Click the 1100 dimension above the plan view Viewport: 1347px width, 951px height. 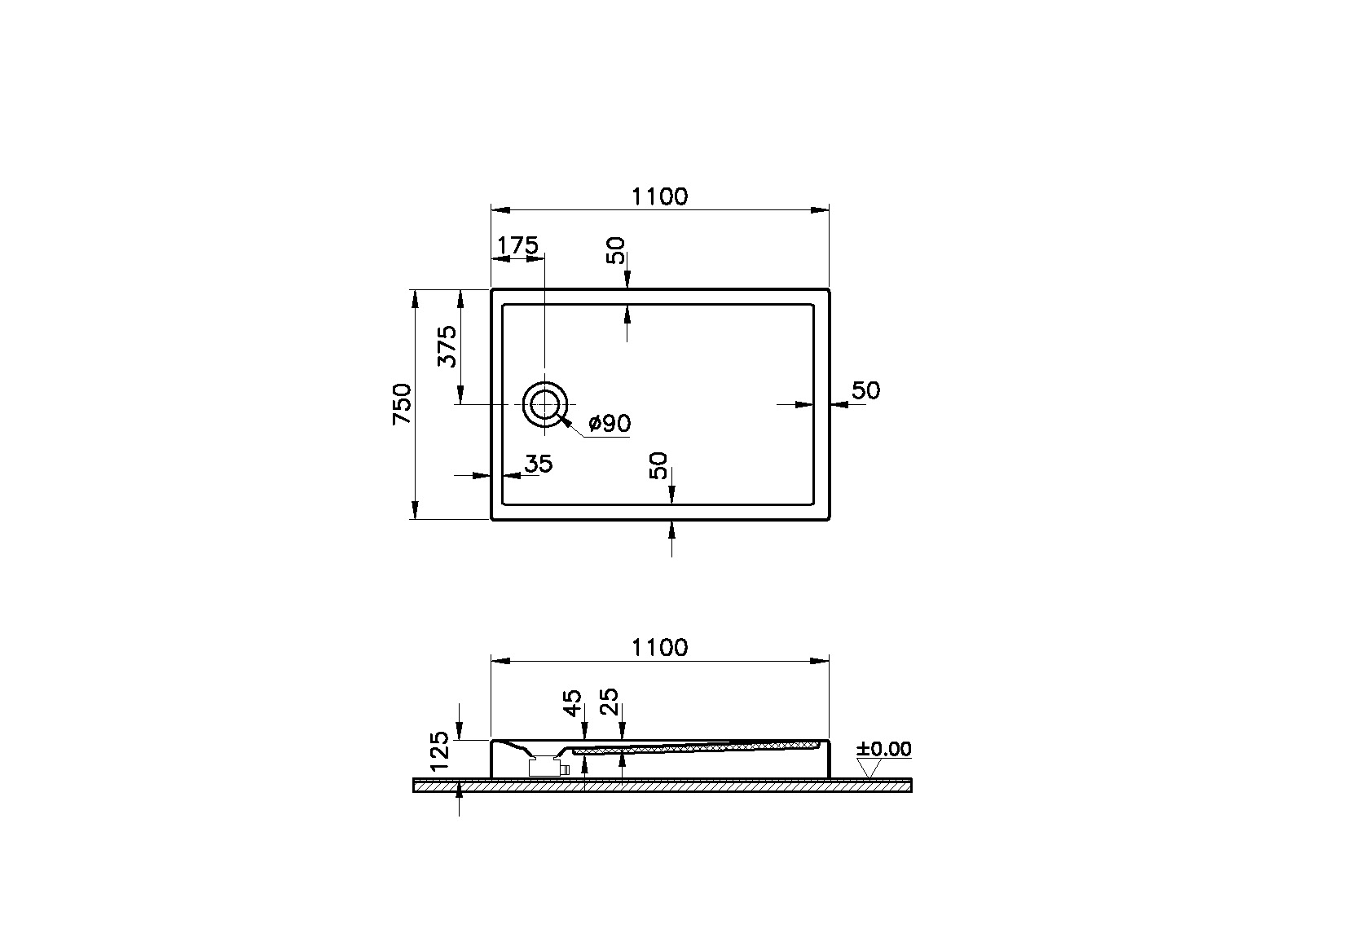pos(659,196)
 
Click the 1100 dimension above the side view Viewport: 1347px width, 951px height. pos(659,648)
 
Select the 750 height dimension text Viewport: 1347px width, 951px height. pos(403,404)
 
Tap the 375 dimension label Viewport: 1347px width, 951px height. pos(447,346)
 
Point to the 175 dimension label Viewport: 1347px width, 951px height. pos(517,245)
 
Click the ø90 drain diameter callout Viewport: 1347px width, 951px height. pos(610,424)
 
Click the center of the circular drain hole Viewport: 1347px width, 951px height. pos(545,404)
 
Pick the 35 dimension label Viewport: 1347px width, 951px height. pos(538,464)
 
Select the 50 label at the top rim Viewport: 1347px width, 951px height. pos(616,251)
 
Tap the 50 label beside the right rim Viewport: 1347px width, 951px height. pos(866,391)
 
